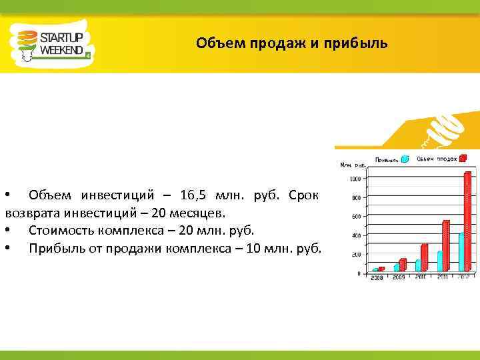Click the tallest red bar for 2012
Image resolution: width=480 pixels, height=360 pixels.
tap(467, 220)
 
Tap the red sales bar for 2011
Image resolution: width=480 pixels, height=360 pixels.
tap(445, 245)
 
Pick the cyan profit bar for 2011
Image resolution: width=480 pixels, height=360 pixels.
tap(439, 261)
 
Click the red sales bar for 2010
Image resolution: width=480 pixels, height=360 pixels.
tap(424, 257)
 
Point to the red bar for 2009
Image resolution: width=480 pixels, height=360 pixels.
tap(402, 264)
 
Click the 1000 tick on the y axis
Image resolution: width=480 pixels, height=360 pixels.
tap(355, 179)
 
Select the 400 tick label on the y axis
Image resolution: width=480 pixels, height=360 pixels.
tap(355, 236)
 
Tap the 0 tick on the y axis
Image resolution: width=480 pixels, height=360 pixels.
tap(358, 273)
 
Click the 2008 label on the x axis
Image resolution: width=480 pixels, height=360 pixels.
tap(377, 278)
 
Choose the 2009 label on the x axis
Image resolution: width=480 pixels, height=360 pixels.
tap(399, 278)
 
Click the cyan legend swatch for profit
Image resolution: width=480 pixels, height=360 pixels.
tap(404, 159)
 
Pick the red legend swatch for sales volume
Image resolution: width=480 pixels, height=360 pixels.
tap(463, 158)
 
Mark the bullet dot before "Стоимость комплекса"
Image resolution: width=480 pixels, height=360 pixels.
tap(7, 231)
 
